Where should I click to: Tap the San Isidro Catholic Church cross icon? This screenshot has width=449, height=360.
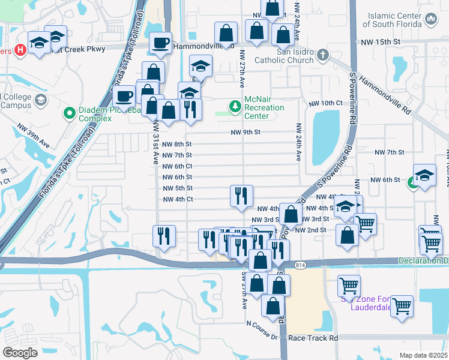pyautogui.click(x=323, y=56)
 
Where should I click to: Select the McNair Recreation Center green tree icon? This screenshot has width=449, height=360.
pyautogui.click(x=235, y=107)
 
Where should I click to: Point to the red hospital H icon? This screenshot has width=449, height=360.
pyautogui.click(x=20, y=50)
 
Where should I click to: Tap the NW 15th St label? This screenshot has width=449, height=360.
pyautogui.click(x=380, y=42)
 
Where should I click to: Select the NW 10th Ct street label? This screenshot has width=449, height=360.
pyautogui.click(x=325, y=103)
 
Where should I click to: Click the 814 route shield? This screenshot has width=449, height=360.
pyautogui.click(x=300, y=265)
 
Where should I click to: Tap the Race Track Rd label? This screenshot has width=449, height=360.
pyautogui.click(x=313, y=338)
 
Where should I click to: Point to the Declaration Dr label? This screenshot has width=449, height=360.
pyautogui.click(x=424, y=260)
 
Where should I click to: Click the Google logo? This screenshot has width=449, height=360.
pyautogui.click(x=20, y=352)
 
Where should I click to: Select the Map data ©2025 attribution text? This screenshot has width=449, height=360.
pyautogui.click(x=424, y=355)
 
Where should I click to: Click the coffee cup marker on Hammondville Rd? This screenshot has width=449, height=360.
pyautogui.click(x=160, y=43)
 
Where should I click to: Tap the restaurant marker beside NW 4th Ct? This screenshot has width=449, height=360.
pyautogui.click(x=241, y=196)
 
